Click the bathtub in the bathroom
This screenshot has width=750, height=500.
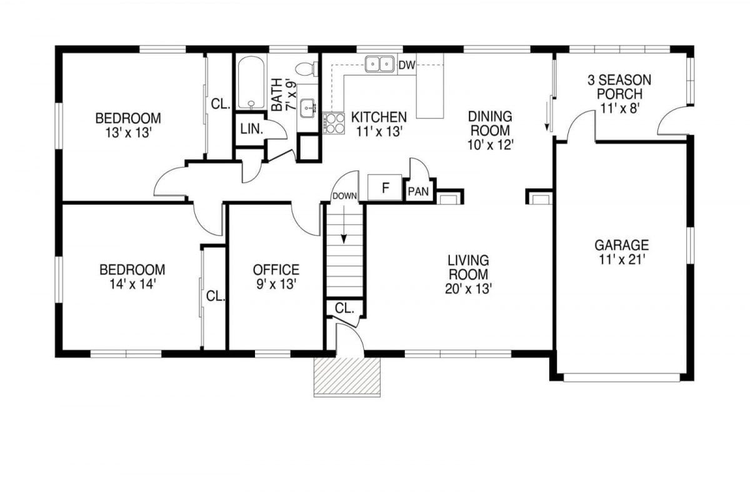251,82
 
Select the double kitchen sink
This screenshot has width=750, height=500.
379,64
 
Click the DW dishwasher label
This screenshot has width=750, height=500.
407,65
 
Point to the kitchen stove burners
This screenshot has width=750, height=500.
334,123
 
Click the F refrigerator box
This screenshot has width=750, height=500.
385,187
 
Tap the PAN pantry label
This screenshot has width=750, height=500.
419,191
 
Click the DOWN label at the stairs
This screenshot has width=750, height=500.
344,196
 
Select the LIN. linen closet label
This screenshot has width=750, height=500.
252,129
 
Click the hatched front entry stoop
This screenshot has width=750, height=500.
347,377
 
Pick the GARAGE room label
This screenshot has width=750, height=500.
621,245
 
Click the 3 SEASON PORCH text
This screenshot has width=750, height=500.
619,87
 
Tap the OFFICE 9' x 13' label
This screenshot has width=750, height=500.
276,277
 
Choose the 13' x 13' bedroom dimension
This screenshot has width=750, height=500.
129,133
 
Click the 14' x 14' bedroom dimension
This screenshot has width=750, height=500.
133,284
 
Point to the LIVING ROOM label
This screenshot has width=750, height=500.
468,267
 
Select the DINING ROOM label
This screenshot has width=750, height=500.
490,123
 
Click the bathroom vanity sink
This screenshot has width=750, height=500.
307,108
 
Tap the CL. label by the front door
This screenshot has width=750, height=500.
344,309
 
